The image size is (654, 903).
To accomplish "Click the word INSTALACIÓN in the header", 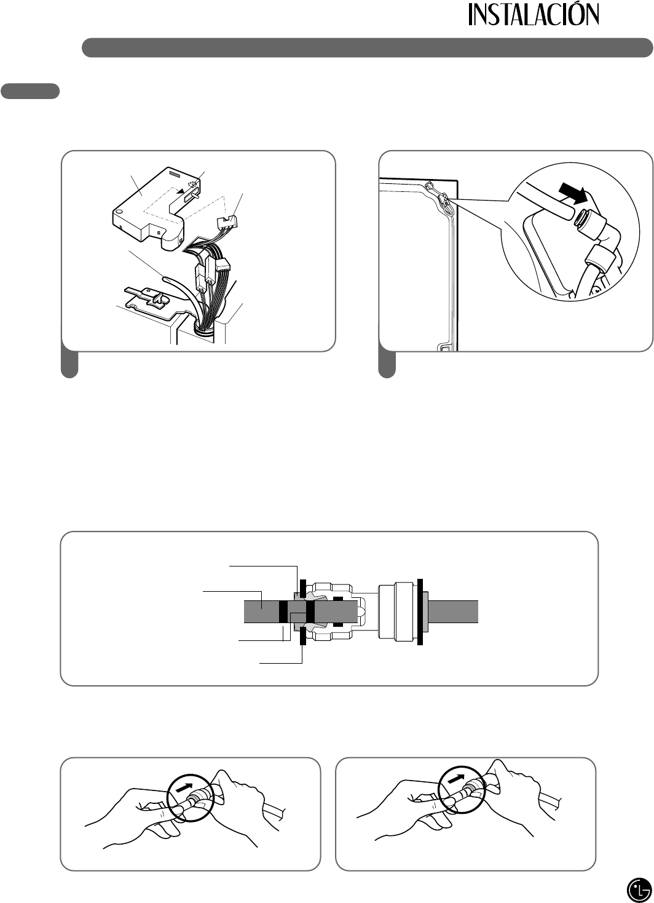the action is pyautogui.click(x=534, y=15).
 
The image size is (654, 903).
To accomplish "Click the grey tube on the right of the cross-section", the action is pyautogui.click(x=452, y=611).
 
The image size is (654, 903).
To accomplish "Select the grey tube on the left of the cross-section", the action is pyautogui.click(x=261, y=611).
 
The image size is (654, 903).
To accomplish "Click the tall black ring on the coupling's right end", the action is pyautogui.click(x=420, y=611).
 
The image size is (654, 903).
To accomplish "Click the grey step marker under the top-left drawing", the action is pyautogui.click(x=69, y=365).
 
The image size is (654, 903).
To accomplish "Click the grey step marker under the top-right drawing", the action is pyautogui.click(x=387, y=365).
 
